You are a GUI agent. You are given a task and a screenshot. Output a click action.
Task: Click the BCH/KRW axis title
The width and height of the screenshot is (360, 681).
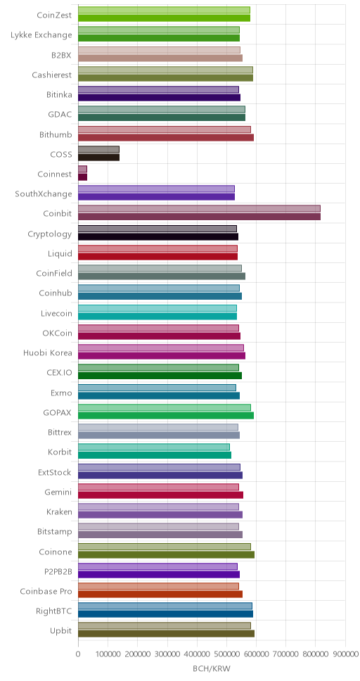coord(212,668)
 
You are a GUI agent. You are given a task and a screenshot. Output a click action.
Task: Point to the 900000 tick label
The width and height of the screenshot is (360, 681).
coord(345,654)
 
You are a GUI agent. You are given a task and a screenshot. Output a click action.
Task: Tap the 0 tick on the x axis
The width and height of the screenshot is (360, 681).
coord(78,654)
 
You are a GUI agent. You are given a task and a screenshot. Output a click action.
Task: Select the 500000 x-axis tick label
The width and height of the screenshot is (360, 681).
coord(226,654)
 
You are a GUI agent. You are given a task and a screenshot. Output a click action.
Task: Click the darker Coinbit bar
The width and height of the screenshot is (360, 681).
coord(199,216)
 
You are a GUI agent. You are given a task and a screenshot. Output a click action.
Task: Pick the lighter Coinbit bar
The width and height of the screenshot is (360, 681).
coord(199,208)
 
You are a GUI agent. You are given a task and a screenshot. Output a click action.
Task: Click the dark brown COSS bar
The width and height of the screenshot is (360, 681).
coord(98,157)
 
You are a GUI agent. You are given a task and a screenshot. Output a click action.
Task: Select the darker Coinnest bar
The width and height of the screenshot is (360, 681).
coord(82,177)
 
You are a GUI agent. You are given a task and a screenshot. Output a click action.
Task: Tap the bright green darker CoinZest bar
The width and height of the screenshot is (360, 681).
coord(164,18)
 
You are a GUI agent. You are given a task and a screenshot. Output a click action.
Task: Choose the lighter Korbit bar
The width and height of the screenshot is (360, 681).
coord(154,447)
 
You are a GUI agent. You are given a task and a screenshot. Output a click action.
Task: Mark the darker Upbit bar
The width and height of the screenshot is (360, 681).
coord(167,633)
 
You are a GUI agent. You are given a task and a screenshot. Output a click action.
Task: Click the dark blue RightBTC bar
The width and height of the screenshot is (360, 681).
coord(165,613)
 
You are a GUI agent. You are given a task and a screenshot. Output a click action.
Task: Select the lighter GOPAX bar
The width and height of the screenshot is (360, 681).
coord(165,407)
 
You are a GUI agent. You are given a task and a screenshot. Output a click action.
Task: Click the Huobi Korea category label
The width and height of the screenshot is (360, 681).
coord(48,352)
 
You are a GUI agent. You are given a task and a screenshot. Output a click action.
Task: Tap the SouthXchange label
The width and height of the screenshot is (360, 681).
coord(44,193)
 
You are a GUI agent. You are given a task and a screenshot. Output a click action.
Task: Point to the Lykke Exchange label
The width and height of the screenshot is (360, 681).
coord(41,35)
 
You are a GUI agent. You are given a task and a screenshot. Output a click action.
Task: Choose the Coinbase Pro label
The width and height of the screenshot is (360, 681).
coord(46,591)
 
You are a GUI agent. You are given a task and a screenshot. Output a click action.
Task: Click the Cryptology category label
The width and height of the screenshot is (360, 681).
coord(50,234)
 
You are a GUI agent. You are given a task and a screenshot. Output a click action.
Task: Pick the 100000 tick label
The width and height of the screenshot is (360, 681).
coord(108,654)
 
